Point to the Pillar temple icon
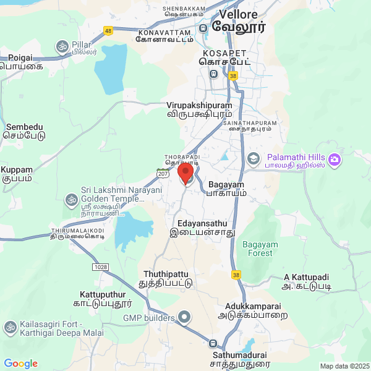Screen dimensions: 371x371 [x=62, y=46]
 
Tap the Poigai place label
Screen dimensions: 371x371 [x=21, y=61]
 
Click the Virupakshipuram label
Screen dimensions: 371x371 [x=199, y=109]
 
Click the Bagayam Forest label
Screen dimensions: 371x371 [x=260, y=249]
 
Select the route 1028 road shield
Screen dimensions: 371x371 [x=101, y=267]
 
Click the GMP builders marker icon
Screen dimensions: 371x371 [x=184, y=318]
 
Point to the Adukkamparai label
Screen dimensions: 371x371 [x=254, y=310]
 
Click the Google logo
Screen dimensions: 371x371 [x=20, y=364]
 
